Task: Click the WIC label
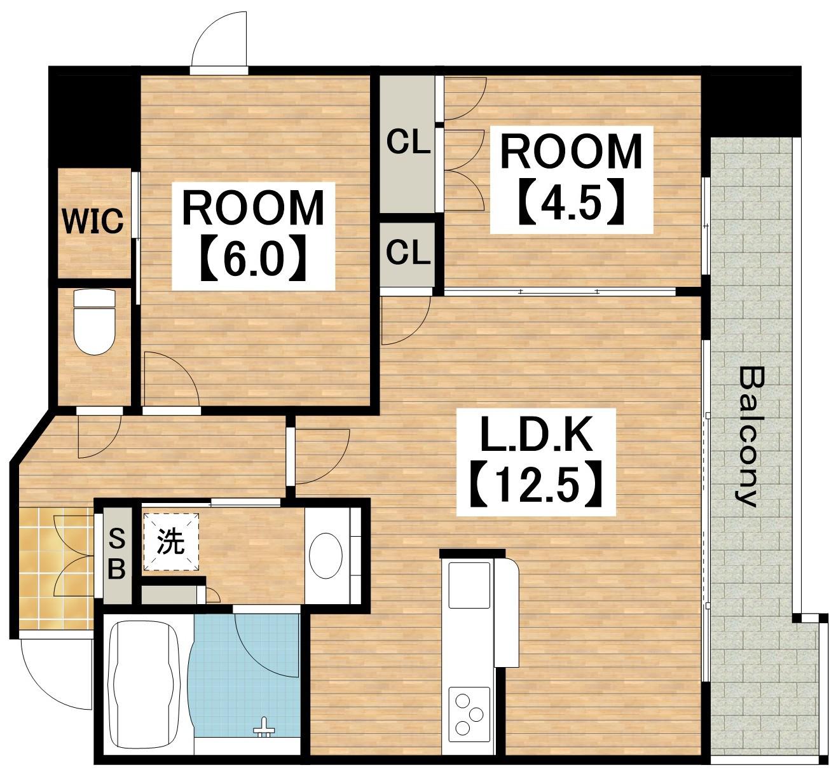pos(93,221)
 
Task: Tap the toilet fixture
pos(94,321)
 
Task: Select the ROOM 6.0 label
pos(253,236)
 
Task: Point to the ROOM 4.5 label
pos(572,180)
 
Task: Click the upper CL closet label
pos(408,142)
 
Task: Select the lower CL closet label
pos(408,252)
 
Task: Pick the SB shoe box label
pos(116,555)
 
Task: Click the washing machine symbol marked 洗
pos(170,542)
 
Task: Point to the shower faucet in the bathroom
pos(264,727)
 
